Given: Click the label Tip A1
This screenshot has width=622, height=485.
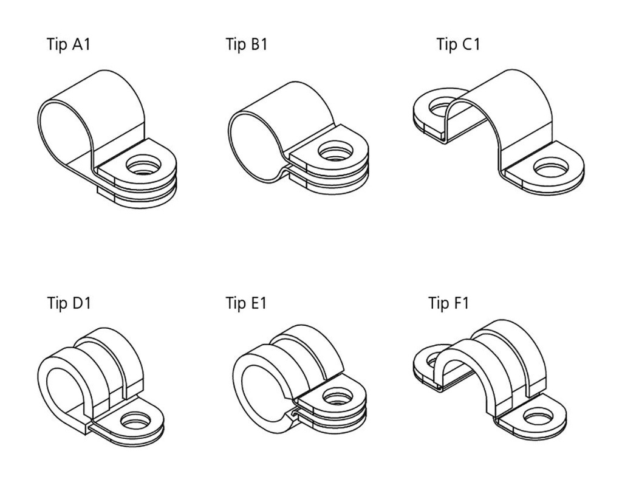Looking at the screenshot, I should [68, 44].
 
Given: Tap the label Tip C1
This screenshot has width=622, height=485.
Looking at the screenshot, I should [457, 44].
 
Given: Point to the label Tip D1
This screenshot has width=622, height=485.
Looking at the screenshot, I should [69, 303].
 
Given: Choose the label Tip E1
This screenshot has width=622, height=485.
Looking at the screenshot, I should [246, 303].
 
